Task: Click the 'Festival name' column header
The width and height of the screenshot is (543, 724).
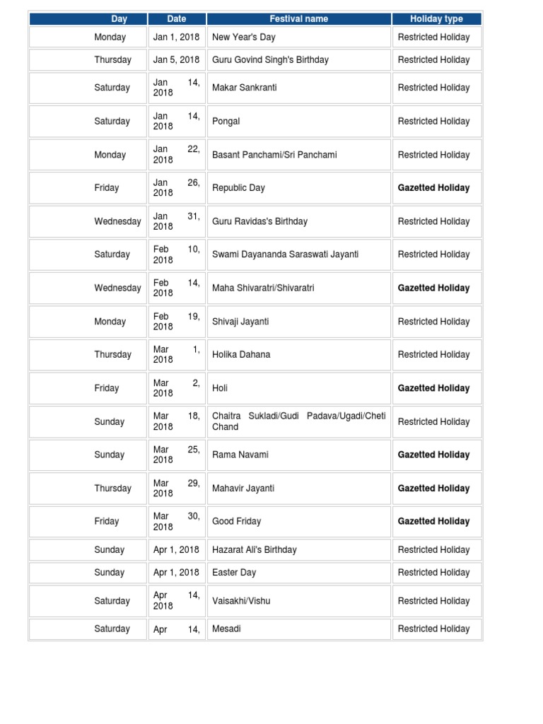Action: pyautogui.click(x=299, y=19)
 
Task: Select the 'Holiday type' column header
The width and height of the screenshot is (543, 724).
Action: pyautogui.click(x=436, y=19)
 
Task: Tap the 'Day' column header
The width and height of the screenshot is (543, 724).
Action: pyautogui.click(x=119, y=19)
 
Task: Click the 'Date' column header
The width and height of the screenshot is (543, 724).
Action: pyautogui.click(x=177, y=19)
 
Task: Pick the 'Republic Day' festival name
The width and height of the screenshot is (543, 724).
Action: pyautogui.click(x=238, y=188)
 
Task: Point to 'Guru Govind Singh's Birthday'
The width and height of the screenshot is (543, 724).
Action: pyautogui.click(x=270, y=60)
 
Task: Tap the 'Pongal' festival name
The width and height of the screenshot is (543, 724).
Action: pyautogui.click(x=226, y=121)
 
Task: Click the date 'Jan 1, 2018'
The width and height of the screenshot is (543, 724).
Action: pyautogui.click(x=177, y=37)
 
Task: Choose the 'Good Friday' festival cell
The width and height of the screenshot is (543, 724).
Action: pyautogui.click(x=237, y=521)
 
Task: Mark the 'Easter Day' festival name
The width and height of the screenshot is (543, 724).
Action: pyautogui.click(x=234, y=572)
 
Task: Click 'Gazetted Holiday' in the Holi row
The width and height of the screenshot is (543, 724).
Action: pyautogui.click(x=433, y=388)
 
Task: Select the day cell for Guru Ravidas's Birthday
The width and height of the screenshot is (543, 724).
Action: pyautogui.click(x=117, y=221)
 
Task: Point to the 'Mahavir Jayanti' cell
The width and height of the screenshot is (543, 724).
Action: pyautogui.click(x=243, y=488)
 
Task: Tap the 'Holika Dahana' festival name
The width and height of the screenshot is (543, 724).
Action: pyautogui.click(x=241, y=354)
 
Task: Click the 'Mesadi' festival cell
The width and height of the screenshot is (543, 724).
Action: pyautogui.click(x=226, y=629)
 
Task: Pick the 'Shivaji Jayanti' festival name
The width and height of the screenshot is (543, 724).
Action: pyautogui.click(x=240, y=322)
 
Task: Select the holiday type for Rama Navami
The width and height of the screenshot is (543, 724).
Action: pyautogui.click(x=433, y=455)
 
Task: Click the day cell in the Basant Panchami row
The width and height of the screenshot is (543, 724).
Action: pyautogui.click(x=110, y=155)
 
